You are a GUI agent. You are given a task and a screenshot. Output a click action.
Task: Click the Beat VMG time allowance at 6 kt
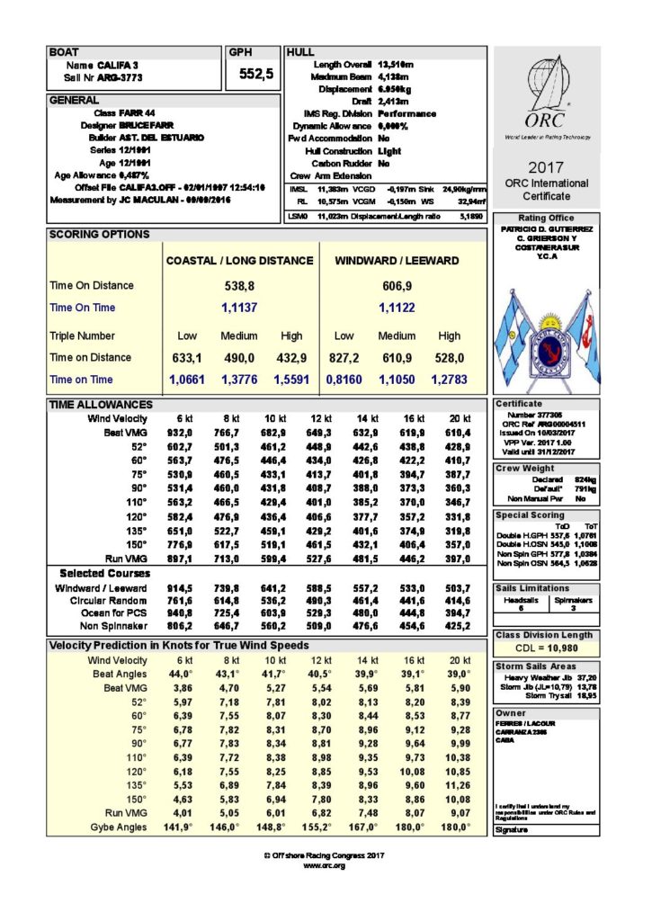point(183,432)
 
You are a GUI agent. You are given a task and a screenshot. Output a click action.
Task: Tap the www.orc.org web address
point(325,865)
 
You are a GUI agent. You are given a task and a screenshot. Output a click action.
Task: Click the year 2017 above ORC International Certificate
point(546,167)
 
